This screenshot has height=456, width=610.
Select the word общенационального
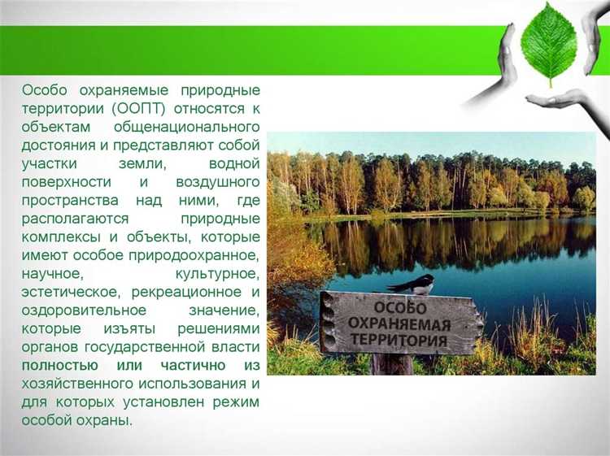coord(187,128)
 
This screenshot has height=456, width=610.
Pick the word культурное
coord(217,274)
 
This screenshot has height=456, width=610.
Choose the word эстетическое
coord(65,292)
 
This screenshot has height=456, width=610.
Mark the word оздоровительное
coord(84,311)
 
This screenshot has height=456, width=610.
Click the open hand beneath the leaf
coord(560,101)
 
